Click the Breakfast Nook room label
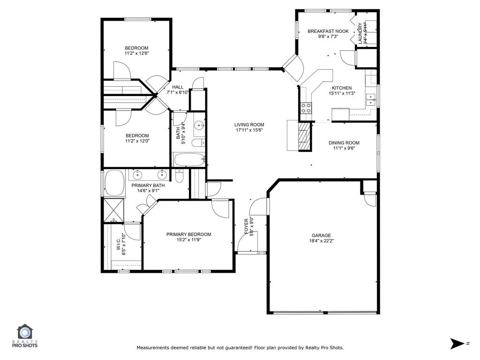[328, 31]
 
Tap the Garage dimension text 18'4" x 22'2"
[321, 241]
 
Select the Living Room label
[249, 125]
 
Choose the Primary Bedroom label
[188, 234]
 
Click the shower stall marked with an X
[113, 210]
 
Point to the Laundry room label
[360, 33]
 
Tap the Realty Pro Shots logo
[27, 337]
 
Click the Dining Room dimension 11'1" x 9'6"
[344, 148]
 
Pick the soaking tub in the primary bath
[113, 183]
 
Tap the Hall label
[178, 87]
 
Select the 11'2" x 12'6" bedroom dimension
[136, 53]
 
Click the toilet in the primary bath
[180, 176]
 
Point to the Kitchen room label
[342, 88]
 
